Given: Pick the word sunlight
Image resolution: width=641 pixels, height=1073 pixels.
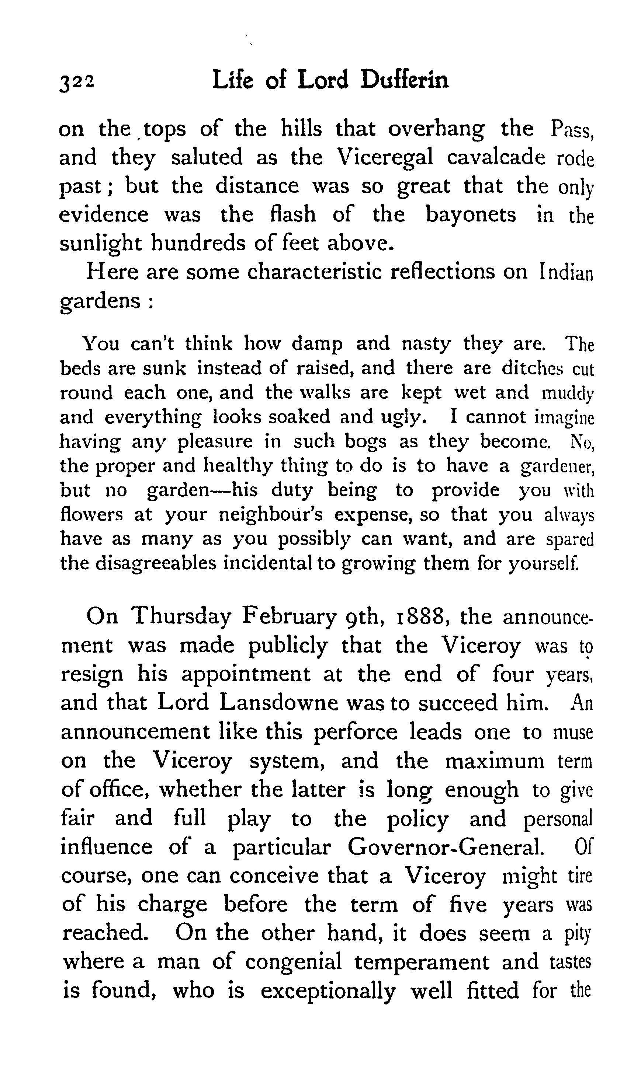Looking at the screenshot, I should click(x=100, y=244).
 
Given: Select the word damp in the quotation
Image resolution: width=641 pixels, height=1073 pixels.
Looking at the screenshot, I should click(x=317, y=344).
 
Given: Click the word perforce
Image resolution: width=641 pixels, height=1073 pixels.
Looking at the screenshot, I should click(x=355, y=733).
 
